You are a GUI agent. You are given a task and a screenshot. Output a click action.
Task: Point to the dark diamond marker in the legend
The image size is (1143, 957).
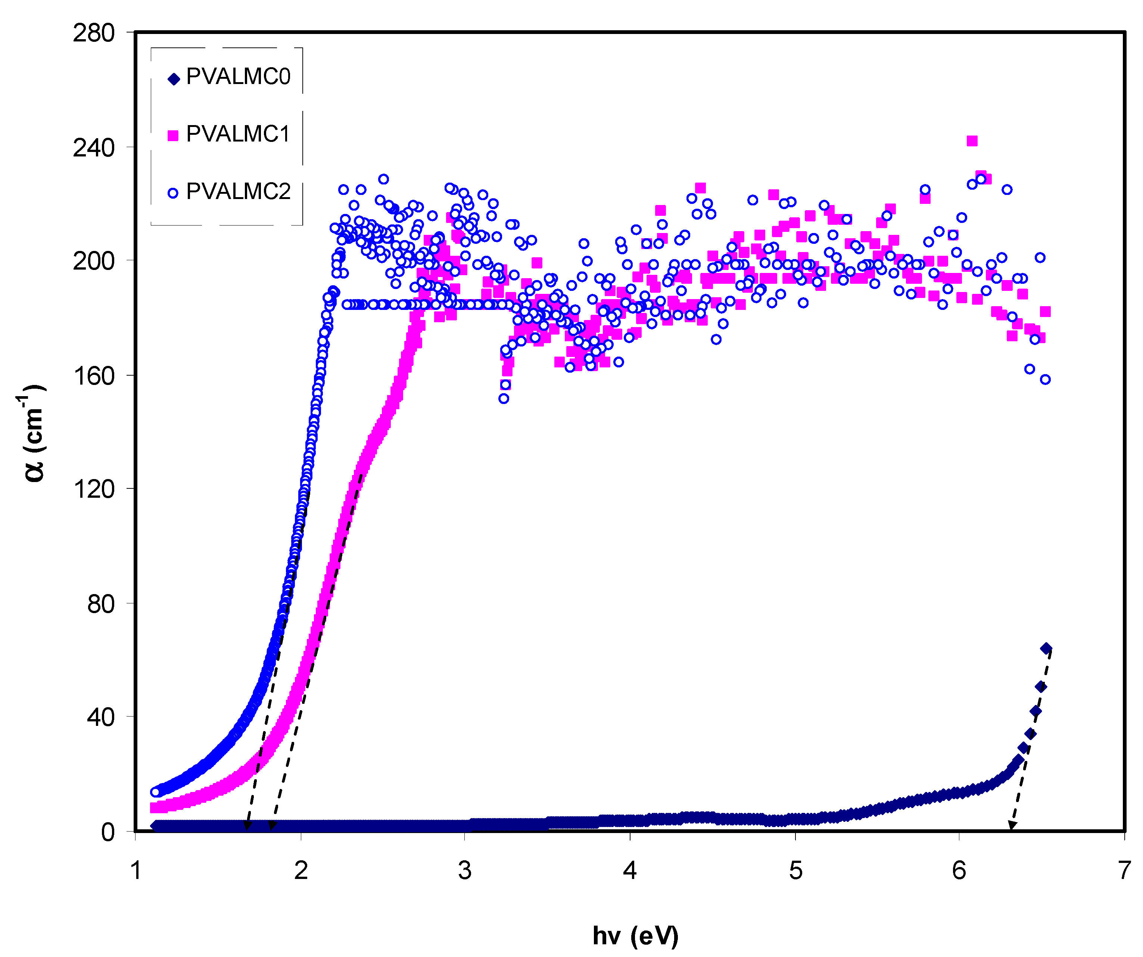click(x=173, y=80)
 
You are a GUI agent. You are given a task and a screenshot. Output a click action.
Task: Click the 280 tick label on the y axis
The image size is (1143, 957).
click(x=94, y=33)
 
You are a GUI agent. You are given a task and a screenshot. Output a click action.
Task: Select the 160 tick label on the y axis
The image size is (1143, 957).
click(x=94, y=376)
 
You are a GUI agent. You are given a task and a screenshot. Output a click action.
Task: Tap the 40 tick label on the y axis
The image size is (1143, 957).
click(x=101, y=717)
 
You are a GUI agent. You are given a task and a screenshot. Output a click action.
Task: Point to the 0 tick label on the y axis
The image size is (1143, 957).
click(x=108, y=832)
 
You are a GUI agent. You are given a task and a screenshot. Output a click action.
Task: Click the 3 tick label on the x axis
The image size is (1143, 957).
click(x=464, y=870)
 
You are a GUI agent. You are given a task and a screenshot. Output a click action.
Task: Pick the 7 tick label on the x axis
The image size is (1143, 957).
click(x=1124, y=870)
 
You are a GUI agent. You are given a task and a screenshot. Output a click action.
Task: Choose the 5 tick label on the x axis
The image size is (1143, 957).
click(x=795, y=870)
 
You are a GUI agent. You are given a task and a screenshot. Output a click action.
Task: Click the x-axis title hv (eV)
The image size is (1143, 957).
click(x=635, y=935)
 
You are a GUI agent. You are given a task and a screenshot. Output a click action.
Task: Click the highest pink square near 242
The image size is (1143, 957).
click(x=972, y=141)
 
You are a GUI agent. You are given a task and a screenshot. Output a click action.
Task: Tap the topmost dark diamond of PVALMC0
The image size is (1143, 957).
click(x=1046, y=648)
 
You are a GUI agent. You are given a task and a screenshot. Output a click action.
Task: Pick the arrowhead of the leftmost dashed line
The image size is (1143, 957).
click(x=247, y=826)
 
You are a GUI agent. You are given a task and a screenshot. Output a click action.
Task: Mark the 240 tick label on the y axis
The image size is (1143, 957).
click(x=94, y=147)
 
